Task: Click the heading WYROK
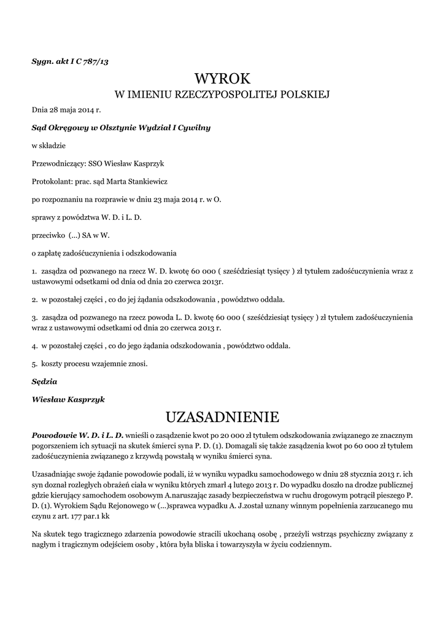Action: (222, 78)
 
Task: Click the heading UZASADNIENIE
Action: (222, 417)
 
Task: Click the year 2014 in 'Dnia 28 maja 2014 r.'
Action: (87, 111)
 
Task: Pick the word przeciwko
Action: (47, 235)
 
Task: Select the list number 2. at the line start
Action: (34, 299)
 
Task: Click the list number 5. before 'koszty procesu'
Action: (34, 364)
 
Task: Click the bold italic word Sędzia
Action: (44, 381)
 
